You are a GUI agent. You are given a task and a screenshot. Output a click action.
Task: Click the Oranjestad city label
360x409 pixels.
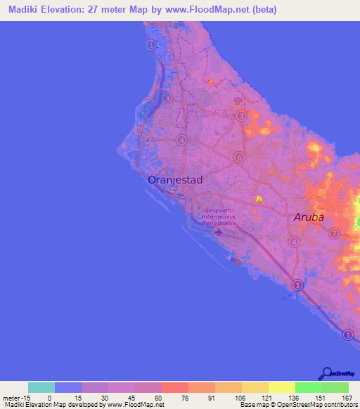point(175,180)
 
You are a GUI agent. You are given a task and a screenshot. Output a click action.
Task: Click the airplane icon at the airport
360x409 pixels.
point(218,232)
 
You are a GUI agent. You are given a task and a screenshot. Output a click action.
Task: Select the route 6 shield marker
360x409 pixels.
point(239,157)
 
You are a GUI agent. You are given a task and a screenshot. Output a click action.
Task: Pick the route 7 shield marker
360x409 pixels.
point(334,233)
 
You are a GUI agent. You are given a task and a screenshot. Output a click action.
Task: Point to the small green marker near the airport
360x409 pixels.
point(259,200)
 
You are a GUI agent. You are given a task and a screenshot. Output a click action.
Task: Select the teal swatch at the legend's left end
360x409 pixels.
point(41,387)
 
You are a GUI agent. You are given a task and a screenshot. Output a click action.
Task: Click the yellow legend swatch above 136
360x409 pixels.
point(281,387)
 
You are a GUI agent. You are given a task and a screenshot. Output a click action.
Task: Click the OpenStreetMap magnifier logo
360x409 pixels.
point(328,373)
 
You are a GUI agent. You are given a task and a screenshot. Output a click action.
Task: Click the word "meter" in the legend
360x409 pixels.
point(10,397)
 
